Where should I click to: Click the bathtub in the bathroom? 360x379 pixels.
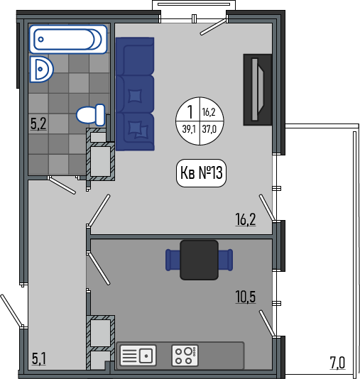click(68, 39)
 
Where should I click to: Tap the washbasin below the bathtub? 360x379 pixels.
click(41, 70)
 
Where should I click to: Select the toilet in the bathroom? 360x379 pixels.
click(91, 115)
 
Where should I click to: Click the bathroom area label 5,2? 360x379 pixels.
click(38, 123)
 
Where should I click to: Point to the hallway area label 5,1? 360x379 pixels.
click(38, 358)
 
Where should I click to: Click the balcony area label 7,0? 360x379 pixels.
click(337, 363)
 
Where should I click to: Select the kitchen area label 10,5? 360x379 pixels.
click(246, 297)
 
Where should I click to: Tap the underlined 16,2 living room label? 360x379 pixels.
click(246, 219)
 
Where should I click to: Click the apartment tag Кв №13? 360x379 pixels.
click(201, 173)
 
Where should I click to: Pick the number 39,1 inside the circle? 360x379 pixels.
click(189, 129)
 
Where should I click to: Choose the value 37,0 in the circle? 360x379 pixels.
click(209, 129)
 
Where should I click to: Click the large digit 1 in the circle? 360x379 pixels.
click(190, 112)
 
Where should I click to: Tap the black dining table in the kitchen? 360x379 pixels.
click(200, 260)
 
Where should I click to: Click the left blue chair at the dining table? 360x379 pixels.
click(173, 260)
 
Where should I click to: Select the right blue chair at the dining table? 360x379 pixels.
click(226, 260)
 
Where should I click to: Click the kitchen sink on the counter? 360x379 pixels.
click(138, 356)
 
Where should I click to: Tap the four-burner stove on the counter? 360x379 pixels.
click(185, 356)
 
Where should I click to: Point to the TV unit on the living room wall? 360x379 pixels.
click(258, 89)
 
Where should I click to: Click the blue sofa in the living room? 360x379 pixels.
click(135, 94)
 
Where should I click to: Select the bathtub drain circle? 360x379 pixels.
click(41, 39)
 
